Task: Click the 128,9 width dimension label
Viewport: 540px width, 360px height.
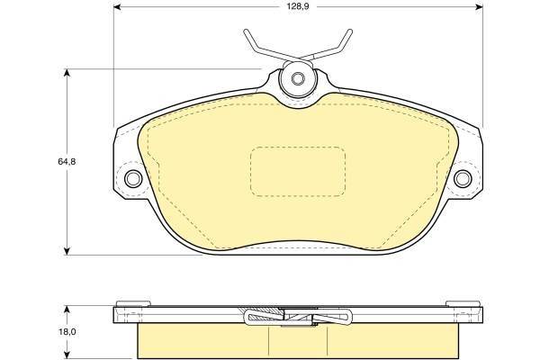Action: [298, 6]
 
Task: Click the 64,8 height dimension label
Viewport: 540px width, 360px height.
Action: [67, 162]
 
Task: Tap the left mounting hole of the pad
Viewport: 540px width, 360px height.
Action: [133, 178]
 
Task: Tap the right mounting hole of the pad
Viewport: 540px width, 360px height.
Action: [463, 178]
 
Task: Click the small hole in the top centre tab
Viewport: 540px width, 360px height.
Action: [298, 78]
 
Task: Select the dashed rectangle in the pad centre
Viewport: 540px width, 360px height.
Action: [298, 172]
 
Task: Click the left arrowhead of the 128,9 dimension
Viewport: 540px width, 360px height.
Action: [117, 7]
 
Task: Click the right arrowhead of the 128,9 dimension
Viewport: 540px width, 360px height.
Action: [479, 7]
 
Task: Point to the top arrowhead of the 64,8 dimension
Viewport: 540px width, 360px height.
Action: [67, 73]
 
